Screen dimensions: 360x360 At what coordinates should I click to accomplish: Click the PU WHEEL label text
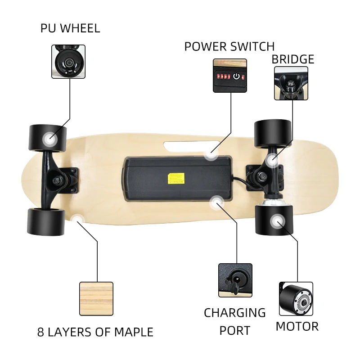pos(70,28)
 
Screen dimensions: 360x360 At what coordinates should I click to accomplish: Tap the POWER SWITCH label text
pos(229,46)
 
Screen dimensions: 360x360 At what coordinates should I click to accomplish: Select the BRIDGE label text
pos(292,59)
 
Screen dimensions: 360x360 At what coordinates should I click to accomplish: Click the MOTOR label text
pos(297,326)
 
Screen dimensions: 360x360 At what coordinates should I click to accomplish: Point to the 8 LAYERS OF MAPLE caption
pos(95,333)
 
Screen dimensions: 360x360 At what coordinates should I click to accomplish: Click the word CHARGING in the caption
pos(235,313)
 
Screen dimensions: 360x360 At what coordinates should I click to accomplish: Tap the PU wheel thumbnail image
pos(68,62)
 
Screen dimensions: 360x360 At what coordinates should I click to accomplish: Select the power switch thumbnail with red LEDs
pos(230,76)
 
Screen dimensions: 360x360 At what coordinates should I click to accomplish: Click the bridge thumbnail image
pos(291,83)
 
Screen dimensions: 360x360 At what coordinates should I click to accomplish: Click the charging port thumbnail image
pos(235,280)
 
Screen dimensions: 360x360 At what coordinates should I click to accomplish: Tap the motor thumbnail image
pos(296,299)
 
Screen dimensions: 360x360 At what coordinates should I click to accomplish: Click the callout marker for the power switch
pos(210,154)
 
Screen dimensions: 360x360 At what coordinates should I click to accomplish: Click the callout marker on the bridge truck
pos(272,160)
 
